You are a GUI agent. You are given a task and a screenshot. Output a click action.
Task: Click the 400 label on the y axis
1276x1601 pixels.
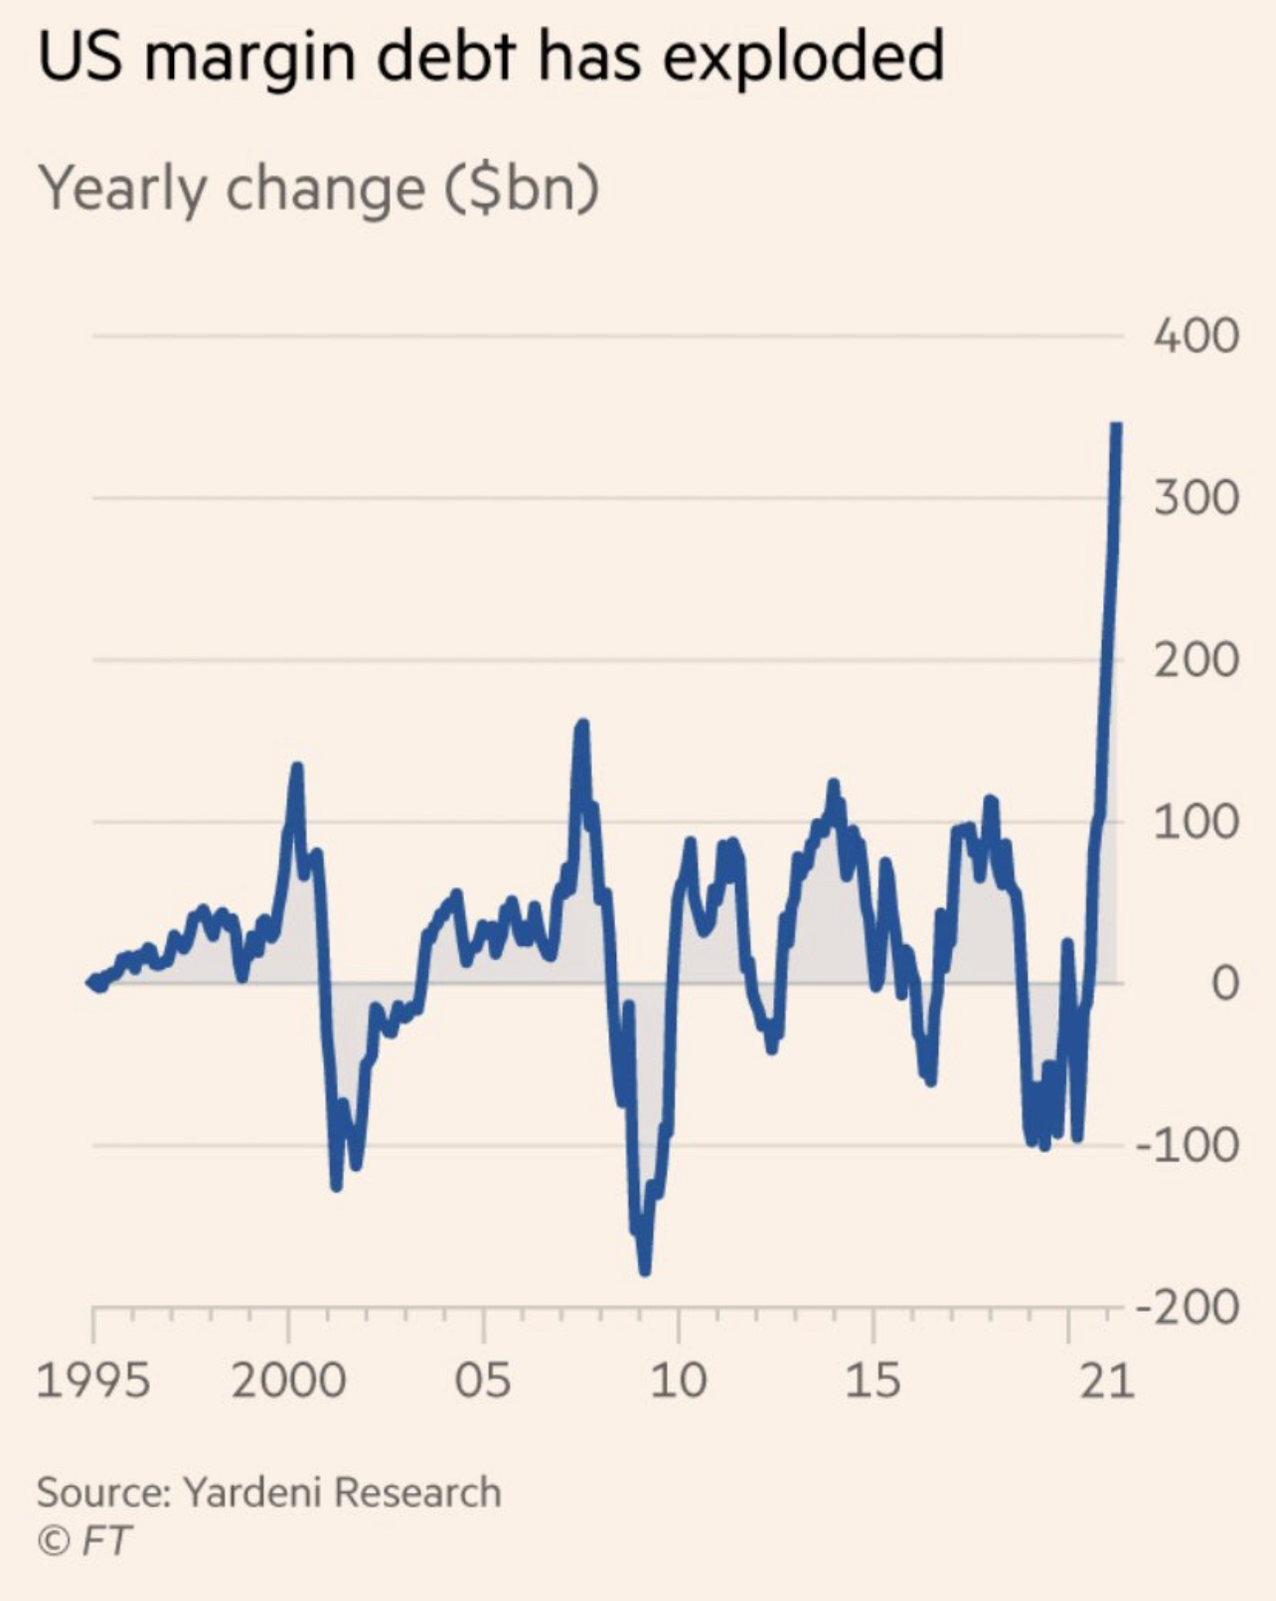[1196, 336]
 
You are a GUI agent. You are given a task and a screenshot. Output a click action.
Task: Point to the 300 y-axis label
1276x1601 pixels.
[1196, 498]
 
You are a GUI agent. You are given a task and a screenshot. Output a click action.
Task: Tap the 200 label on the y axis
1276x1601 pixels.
[1196, 660]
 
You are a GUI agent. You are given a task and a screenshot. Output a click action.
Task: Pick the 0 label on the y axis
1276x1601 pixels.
[1225, 984]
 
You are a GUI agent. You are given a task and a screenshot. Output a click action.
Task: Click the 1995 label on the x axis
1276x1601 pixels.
[93, 1380]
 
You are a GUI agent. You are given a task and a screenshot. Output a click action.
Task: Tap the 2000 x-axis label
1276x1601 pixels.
[288, 1380]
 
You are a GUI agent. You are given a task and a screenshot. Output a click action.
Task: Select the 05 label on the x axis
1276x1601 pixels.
[483, 1380]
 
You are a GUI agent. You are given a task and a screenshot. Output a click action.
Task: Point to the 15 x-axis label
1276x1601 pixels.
[873, 1380]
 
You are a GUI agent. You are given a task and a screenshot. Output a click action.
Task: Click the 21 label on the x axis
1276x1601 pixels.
[1106, 1380]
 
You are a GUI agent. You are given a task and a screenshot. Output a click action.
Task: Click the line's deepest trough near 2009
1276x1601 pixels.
[644, 1269]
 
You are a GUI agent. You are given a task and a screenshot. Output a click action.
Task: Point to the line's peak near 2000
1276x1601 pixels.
[296, 767]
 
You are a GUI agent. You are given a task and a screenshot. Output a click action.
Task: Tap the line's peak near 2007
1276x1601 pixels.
[582, 724]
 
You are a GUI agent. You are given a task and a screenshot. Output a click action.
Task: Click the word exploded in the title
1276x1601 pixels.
[802, 58]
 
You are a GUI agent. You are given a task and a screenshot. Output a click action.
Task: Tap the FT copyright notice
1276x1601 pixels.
[84, 1540]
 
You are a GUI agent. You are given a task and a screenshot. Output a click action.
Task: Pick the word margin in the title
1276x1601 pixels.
[249, 58]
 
